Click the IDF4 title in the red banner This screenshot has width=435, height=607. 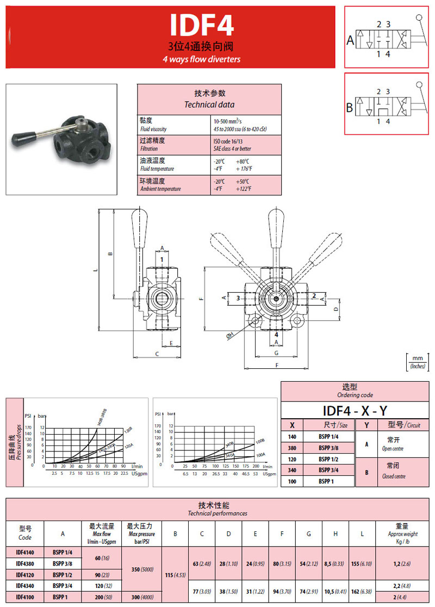tap(202, 25)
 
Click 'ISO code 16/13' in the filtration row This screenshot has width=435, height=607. tap(231, 141)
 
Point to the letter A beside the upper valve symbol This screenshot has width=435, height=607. tap(350, 40)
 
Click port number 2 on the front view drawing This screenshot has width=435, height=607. tap(314, 295)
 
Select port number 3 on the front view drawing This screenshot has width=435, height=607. tap(237, 298)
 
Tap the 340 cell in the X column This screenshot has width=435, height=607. tap(293, 471)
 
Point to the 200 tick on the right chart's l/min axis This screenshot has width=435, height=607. tap(256, 467)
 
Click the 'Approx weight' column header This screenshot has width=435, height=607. tap(402, 534)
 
